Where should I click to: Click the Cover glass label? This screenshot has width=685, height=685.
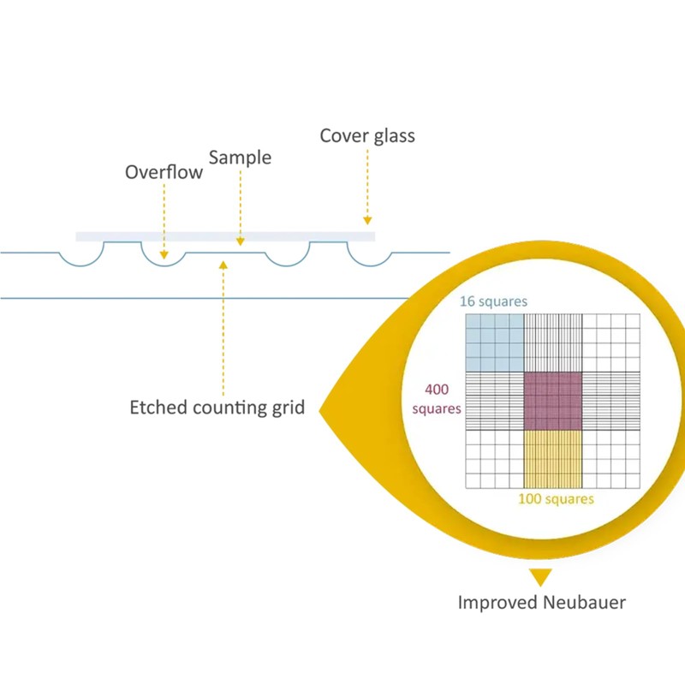pyautogui.click(x=367, y=136)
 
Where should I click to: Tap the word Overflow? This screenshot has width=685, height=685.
pyautogui.click(x=164, y=172)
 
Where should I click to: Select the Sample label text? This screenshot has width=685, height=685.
pyautogui.click(x=240, y=158)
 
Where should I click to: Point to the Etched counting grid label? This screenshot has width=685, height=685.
pyautogui.click(x=217, y=408)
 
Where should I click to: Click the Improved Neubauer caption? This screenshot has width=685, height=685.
pyautogui.click(x=541, y=602)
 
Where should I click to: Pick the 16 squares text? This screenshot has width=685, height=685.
pyautogui.click(x=493, y=301)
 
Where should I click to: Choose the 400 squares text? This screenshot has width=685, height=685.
pyautogui.click(x=437, y=399)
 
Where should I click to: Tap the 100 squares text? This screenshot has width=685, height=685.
pyautogui.click(x=556, y=499)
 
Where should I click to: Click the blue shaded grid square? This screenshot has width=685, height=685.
pyautogui.click(x=494, y=342)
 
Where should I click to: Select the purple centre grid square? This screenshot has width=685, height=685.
pyautogui.click(x=552, y=401)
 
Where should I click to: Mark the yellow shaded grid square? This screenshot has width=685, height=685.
pyautogui.click(x=552, y=459)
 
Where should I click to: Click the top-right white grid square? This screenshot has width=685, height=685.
pyautogui.click(x=611, y=342)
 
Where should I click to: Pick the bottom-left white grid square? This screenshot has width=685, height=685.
pyautogui.click(x=494, y=459)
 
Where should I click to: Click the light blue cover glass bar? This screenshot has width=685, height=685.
pyautogui.click(x=224, y=236)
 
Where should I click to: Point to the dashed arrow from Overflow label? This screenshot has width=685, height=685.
pyautogui.click(x=164, y=219)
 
